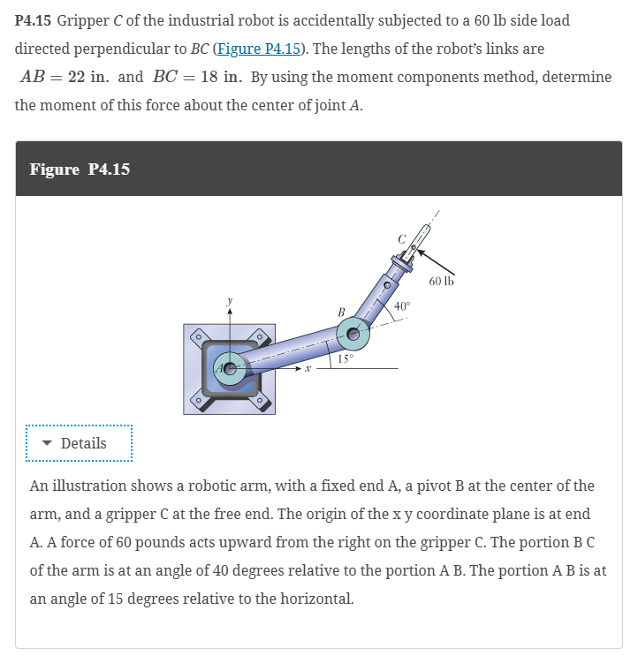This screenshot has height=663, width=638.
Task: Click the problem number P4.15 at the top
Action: (x=34, y=20)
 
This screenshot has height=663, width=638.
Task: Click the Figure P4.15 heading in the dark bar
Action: (x=80, y=169)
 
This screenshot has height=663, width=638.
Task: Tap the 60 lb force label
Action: (x=442, y=282)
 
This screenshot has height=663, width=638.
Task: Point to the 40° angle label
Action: (x=402, y=305)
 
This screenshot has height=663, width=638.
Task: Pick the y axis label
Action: (x=231, y=302)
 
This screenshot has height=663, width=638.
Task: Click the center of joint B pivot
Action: (x=355, y=334)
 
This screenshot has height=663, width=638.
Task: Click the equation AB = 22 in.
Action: (x=65, y=77)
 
